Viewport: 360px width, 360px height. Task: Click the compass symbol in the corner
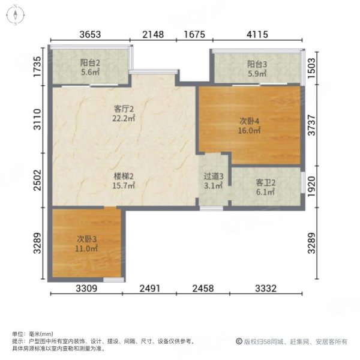pyautogui.click(x=16, y=15)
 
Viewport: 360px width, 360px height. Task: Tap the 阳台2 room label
pyautogui.click(x=90, y=62)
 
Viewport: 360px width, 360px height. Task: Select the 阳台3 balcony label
pyautogui.click(x=257, y=64)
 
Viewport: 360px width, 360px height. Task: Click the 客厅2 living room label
pyautogui.click(x=124, y=109)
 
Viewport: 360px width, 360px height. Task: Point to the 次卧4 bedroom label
pyautogui.click(x=250, y=121)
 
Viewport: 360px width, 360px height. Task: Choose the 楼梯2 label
pyautogui.click(x=124, y=176)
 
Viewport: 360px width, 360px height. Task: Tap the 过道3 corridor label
pyautogui.click(x=214, y=176)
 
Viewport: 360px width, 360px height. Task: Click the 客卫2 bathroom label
pyautogui.click(x=265, y=183)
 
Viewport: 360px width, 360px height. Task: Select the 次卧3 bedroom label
pyautogui.click(x=86, y=239)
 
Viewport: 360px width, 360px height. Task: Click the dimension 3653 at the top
pyautogui.click(x=90, y=34)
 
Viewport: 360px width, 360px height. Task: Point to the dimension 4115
pyautogui.click(x=257, y=34)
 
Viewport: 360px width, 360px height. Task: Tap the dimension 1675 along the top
pyautogui.click(x=194, y=34)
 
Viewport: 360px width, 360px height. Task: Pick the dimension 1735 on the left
pyautogui.click(x=37, y=67)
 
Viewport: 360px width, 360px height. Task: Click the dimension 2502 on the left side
pyautogui.click(x=37, y=180)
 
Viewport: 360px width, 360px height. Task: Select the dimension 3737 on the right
pyautogui.click(x=311, y=125)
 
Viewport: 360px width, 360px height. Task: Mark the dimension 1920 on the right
pyautogui.click(x=311, y=187)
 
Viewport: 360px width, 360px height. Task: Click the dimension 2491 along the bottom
pyautogui.click(x=149, y=289)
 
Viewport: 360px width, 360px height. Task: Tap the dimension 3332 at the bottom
pyautogui.click(x=266, y=289)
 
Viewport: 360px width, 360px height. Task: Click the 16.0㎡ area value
pyautogui.click(x=250, y=131)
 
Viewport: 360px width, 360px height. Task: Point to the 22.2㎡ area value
pyautogui.click(x=124, y=118)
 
